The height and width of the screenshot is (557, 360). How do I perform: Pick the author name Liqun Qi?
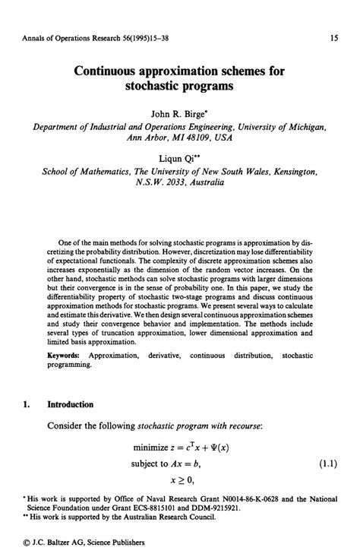tap(177, 159)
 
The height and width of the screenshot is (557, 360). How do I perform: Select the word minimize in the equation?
tap(154, 448)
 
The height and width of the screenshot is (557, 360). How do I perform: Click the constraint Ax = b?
tap(198, 463)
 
